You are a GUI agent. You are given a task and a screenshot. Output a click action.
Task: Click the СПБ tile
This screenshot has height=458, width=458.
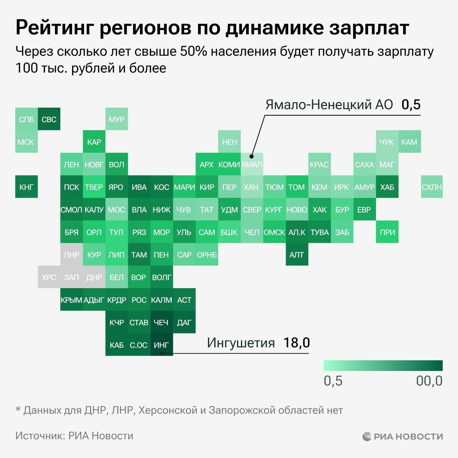26,119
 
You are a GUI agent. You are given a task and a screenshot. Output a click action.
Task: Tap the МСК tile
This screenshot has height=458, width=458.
26,142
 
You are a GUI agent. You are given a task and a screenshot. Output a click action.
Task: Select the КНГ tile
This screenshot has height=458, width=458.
26,187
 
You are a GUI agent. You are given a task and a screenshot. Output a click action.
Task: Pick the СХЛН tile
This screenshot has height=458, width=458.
432,187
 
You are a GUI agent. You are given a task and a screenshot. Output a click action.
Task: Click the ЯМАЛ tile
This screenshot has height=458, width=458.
252,164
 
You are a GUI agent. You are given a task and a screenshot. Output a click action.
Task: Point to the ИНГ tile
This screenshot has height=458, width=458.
161,345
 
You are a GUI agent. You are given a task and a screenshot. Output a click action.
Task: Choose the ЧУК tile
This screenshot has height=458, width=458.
387,142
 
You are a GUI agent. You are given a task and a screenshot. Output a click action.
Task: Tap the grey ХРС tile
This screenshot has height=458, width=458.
49,277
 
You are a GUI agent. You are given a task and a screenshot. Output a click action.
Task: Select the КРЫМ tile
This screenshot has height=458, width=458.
71,300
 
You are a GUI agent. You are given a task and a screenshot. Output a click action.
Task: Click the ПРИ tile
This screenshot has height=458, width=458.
387,232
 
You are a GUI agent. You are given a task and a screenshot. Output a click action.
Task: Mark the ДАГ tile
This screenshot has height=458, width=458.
184,322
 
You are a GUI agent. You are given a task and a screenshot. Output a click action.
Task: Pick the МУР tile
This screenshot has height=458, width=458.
116,119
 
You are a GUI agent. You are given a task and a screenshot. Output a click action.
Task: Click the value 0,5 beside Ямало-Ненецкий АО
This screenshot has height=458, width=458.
411,105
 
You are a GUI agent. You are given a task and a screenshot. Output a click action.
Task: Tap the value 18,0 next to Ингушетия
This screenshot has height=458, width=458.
296,343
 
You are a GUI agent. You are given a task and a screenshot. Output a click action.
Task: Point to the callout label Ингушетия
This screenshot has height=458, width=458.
240,343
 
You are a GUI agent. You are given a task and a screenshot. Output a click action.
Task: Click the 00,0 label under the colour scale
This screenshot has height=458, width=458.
429,381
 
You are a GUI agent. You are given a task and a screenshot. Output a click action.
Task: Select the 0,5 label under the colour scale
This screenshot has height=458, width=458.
333,381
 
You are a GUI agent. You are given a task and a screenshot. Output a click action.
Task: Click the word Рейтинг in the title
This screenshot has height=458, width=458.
54,27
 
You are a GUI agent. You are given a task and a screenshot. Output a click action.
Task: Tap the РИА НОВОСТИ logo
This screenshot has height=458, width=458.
403,436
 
